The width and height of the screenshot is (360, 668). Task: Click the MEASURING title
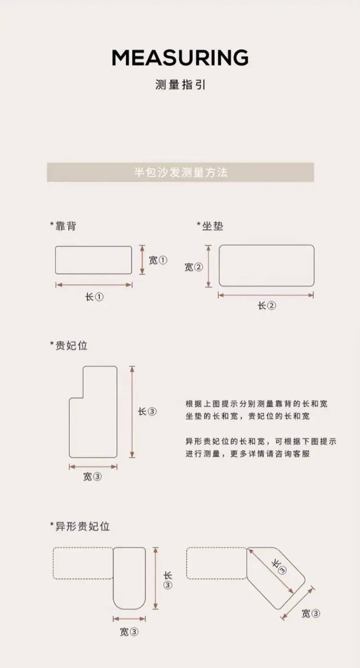[180, 58]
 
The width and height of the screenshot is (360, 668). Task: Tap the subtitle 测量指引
[180, 85]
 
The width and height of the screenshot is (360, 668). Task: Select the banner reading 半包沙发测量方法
[180, 172]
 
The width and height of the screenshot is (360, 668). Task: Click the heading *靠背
[63, 226]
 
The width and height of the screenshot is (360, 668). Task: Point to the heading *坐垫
[210, 226]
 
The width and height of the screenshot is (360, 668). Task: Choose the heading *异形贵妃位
[80, 526]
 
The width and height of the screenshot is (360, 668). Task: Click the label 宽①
[158, 260]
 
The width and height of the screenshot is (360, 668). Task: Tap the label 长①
[94, 297]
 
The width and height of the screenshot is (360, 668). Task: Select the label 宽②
[194, 267]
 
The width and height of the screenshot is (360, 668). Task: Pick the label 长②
[267, 305]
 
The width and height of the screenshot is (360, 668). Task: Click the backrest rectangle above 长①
[94, 246]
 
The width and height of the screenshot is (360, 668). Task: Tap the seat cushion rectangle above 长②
[267, 245]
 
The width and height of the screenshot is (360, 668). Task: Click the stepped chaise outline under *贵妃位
[117, 412]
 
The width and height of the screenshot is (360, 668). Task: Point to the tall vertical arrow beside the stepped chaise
[132, 412]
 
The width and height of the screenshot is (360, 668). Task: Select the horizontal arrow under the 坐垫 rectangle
[266, 295]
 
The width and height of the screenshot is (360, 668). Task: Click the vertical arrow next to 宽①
[143, 260]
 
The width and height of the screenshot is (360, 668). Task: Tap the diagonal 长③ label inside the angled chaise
[279, 566]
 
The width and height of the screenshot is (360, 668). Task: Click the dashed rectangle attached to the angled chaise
[216, 548]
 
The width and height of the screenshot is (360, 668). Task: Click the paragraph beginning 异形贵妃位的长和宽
[261, 447]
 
